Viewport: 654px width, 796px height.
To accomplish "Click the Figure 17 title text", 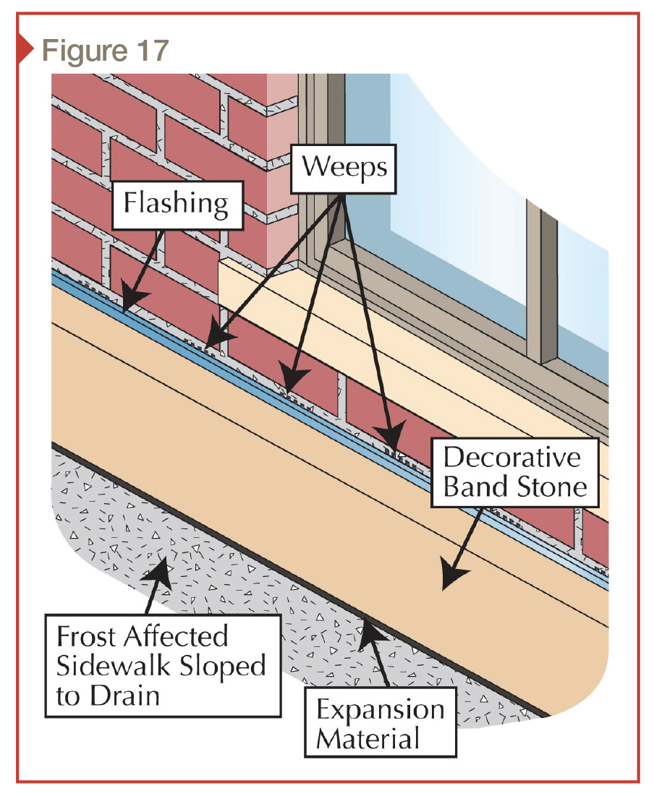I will click(105, 51).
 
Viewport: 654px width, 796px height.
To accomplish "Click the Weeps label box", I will click(344, 167).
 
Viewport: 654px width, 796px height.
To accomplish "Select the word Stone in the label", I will click(551, 487).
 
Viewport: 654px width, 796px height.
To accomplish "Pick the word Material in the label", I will click(368, 739).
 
